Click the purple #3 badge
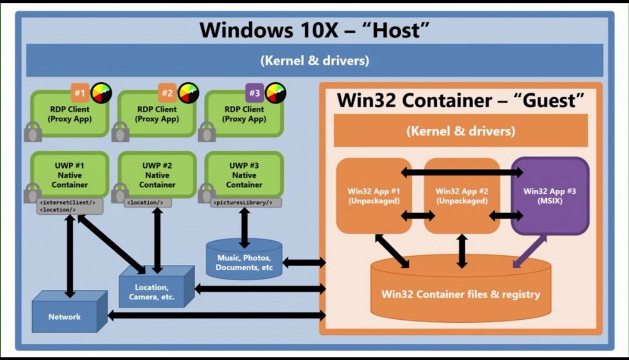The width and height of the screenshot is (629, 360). tap(255, 93)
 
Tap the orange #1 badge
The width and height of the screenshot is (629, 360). tap(80, 93)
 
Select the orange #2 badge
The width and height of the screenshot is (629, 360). tap(167, 93)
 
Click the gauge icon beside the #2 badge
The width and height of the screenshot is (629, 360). tap(189, 93)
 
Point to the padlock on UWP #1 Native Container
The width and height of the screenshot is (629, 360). tap(33, 193)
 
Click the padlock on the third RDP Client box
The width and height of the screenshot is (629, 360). tap(207, 132)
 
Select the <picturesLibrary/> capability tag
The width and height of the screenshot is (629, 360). tap(246, 203)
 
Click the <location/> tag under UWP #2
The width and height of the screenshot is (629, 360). tap(147, 203)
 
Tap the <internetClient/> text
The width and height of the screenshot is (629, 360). tap(68, 203)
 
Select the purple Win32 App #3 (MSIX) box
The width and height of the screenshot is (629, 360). tap(550, 196)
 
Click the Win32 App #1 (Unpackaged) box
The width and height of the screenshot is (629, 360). tap(374, 196)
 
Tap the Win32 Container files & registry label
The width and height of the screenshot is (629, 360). tap(461, 294)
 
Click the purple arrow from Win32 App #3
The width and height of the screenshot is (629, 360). tap(529, 252)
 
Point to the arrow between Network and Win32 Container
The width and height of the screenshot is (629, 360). tap(217, 316)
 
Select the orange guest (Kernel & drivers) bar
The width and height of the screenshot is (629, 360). tap(461, 130)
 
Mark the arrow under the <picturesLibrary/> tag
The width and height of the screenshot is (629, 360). tap(244, 228)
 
